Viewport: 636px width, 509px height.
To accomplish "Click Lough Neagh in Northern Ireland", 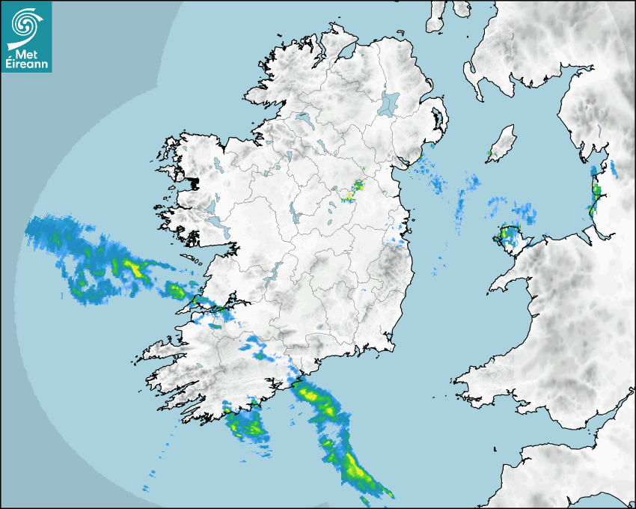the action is [x=389, y=103].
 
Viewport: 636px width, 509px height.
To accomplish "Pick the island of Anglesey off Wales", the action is [x=510, y=239].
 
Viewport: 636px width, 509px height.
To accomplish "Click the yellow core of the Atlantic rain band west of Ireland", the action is [x=134, y=266].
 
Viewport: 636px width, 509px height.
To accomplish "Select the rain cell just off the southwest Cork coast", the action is [x=247, y=424].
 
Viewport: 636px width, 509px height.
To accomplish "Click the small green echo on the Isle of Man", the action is [x=490, y=154].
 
